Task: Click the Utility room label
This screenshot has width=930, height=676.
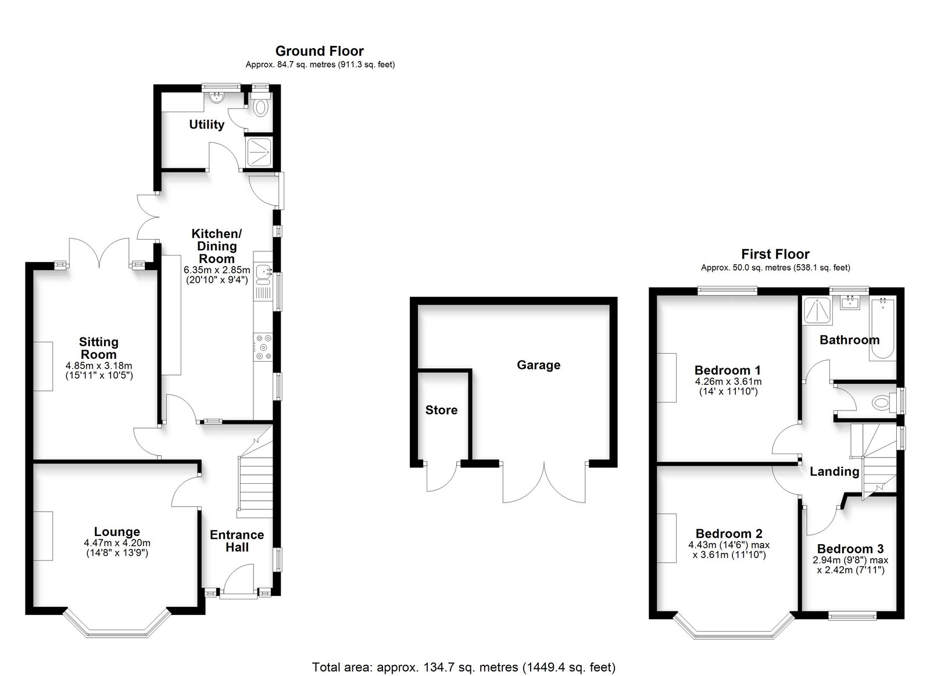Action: tap(207, 124)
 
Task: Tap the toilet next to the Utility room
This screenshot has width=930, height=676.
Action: tap(261, 104)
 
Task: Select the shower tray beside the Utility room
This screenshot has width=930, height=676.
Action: tap(259, 152)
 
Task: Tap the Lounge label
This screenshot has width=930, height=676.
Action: tap(117, 531)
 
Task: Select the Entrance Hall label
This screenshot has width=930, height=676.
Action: tap(237, 541)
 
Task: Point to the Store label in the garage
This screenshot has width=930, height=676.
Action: tap(441, 410)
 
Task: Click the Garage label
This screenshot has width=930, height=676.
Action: tap(538, 365)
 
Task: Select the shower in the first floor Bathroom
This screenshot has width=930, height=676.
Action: tap(817, 310)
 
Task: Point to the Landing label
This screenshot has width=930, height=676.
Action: tap(835, 472)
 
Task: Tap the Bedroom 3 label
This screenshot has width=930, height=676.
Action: tap(850, 549)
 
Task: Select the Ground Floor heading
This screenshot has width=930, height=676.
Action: tap(320, 51)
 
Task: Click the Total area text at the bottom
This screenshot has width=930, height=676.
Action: tap(464, 667)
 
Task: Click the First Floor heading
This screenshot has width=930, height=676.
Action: tap(775, 254)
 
